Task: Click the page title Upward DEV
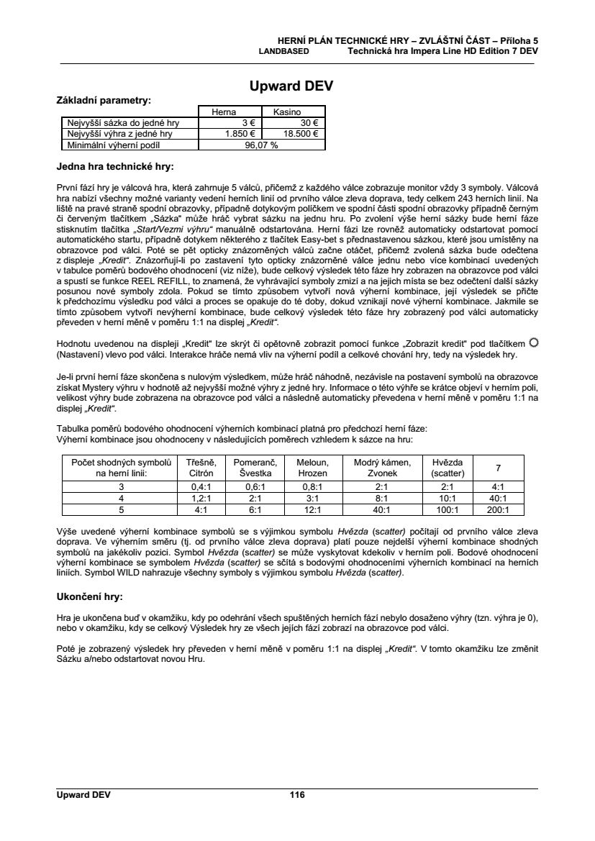click(x=291, y=87)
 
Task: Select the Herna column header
click(x=222, y=112)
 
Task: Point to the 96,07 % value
click(x=261, y=144)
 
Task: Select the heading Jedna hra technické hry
click(x=115, y=167)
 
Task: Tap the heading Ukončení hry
click(x=89, y=597)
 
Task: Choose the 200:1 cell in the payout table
click(x=495, y=510)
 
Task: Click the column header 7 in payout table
click(x=495, y=468)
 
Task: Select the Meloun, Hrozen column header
click(x=312, y=468)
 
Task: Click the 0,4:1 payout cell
click(x=200, y=487)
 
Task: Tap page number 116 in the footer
click(x=297, y=795)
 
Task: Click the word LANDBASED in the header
click(x=284, y=52)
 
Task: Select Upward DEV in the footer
click(x=83, y=795)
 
